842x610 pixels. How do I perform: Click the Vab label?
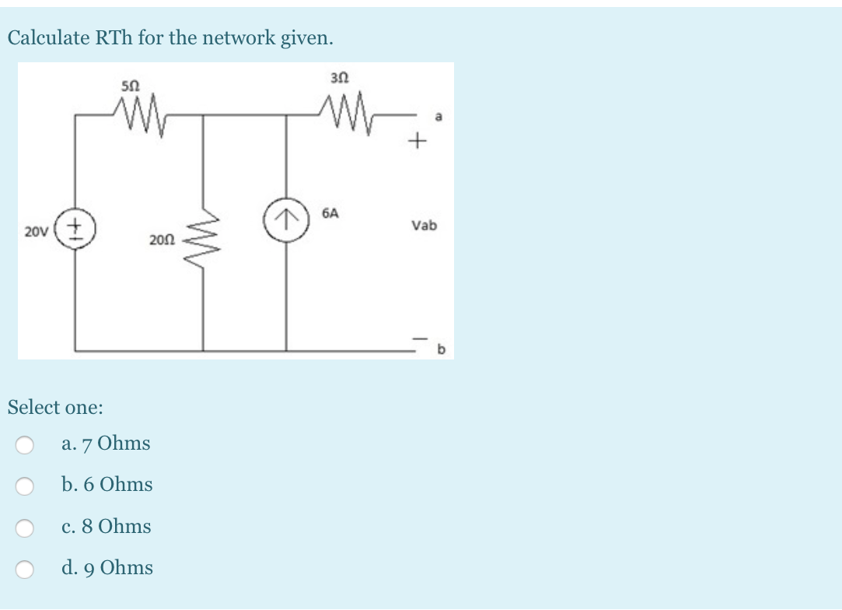424,226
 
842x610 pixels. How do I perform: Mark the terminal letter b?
440,350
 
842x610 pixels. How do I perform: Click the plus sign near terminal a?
419,142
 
